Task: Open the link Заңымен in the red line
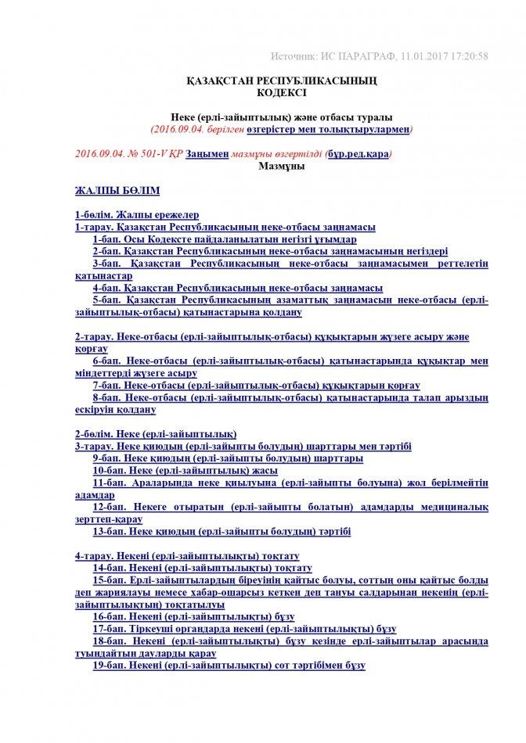point(207,154)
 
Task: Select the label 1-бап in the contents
point(106,239)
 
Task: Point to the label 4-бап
point(106,288)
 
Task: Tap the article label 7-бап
point(106,386)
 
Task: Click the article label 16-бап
point(109,617)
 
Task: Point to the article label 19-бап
point(109,666)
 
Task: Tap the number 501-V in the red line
point(154,154)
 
